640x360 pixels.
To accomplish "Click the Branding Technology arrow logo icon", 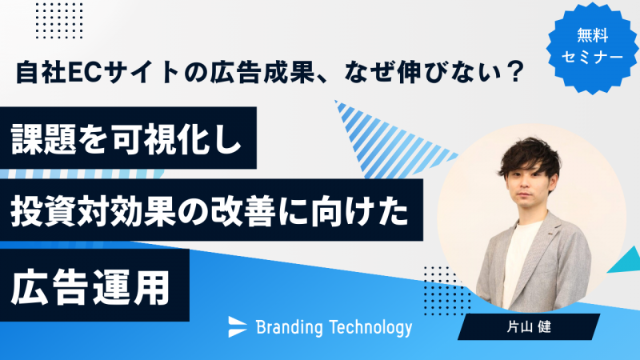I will point(238,326).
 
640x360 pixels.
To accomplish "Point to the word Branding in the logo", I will point(289,326).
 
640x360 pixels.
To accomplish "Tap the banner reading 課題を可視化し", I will point(128,138).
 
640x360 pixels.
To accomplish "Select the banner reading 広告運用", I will point(92,289).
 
